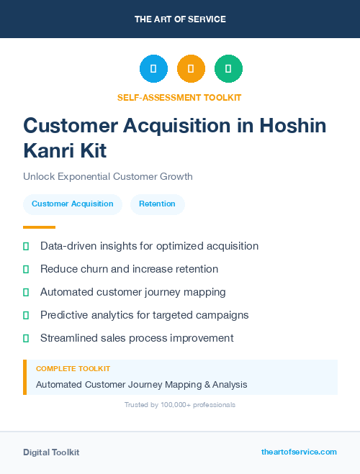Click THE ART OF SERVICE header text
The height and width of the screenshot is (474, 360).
180,19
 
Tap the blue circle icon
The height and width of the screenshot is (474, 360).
153,69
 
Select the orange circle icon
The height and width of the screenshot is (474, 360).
191,69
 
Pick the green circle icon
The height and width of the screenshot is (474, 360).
228,69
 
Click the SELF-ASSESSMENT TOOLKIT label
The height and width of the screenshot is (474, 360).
179,97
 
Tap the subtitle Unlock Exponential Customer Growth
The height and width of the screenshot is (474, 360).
108,176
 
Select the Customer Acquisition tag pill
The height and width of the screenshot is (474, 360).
72,204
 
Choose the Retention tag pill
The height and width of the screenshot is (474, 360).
157,204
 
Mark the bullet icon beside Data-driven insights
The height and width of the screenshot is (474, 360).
26,246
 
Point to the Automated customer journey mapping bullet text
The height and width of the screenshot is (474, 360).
133,292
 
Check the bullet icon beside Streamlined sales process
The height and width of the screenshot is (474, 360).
26,338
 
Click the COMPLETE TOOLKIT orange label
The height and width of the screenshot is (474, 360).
73,368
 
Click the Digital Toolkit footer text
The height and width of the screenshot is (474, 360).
51,452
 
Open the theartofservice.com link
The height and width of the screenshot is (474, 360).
299,452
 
